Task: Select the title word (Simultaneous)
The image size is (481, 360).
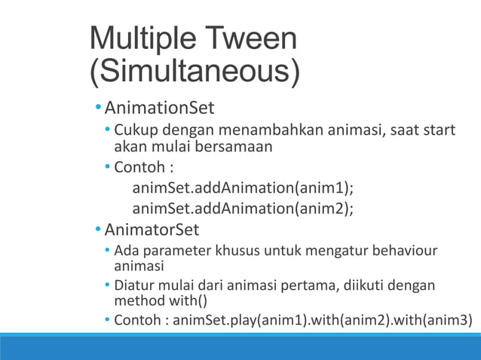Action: [x=195, y=73]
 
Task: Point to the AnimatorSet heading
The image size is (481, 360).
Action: [x=152, y=227]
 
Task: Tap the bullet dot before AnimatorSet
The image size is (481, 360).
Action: [x=99, y=227]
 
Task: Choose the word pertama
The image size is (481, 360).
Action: [x=308, y=286]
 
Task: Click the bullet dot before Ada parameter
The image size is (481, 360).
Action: [x=108, y=250]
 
